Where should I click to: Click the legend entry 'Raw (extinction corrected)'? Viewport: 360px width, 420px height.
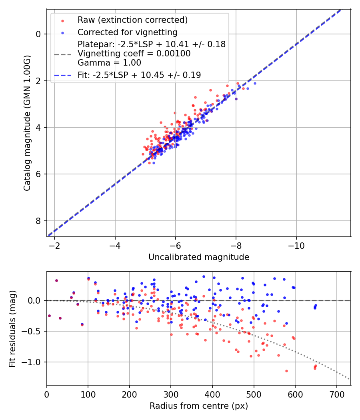point(132,20)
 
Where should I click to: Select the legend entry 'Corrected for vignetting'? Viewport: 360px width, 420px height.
point(127,32)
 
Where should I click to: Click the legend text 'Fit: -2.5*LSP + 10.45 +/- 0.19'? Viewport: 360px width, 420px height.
point(139,75)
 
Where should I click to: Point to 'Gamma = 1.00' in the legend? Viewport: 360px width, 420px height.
point(109,62)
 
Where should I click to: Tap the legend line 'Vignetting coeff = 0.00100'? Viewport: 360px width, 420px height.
point(134,53)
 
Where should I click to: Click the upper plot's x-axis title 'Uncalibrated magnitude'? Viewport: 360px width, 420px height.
point(199,257)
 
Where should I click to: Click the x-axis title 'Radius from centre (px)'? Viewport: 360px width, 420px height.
point(199,406)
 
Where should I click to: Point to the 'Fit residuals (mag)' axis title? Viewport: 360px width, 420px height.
point(12,328)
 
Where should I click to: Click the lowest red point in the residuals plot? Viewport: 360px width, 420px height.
point(286,371)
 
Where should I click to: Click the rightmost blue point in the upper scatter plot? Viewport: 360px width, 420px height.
point(255,83)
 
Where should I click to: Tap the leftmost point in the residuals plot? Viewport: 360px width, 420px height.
point(49,316)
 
